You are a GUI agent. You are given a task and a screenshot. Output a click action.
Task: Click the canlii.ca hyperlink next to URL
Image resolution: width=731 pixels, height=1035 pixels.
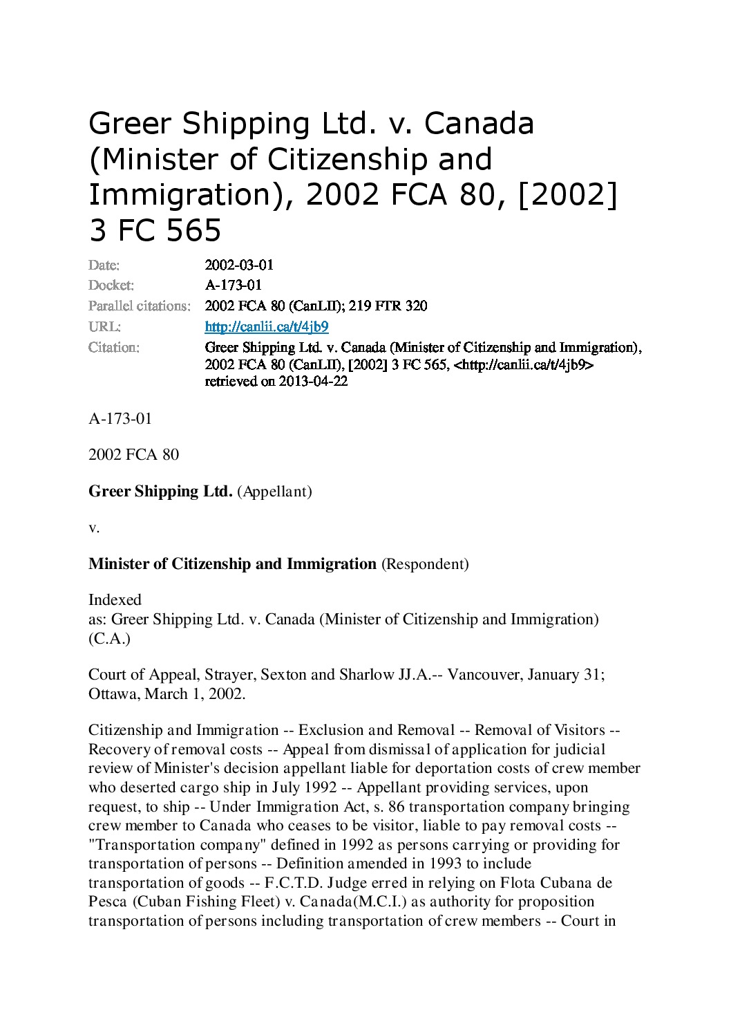click(x=267, y=326)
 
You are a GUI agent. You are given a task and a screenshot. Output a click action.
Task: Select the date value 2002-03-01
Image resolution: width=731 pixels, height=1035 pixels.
click(x=240, y=264)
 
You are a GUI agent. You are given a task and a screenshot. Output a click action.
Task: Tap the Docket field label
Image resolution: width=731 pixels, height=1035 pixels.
click(x=111, y=285)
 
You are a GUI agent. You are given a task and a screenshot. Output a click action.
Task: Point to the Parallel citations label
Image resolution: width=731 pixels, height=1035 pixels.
click(x=140, y=306)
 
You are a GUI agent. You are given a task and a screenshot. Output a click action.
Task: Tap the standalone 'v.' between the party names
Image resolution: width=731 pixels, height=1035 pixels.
click(x=95, y=528)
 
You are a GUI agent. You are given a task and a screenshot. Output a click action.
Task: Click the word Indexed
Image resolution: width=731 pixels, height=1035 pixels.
click(x=115, y=599)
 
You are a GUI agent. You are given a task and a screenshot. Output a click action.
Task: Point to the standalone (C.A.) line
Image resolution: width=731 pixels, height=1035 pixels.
click(x=109, y=639)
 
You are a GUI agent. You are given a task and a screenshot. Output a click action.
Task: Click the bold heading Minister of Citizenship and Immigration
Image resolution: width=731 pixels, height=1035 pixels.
click(x=232, y=563)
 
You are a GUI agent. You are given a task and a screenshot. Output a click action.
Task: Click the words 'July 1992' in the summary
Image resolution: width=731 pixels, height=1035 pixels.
click(x=309, y=787)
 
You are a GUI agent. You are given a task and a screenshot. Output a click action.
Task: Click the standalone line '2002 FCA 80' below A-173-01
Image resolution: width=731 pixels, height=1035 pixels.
click(x=133, y=454)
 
